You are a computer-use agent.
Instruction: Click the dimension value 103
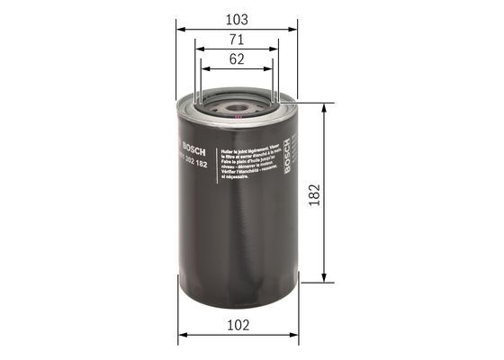(x=236, y=18)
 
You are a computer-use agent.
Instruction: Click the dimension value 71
(x=236, y=40)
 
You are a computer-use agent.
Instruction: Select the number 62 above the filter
(x=236, y=60)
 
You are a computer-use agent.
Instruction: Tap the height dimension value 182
(x=314, y=193)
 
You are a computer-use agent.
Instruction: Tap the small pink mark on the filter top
(x=237, y=116)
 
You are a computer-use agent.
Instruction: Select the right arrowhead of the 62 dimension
(x=270, y=69)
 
